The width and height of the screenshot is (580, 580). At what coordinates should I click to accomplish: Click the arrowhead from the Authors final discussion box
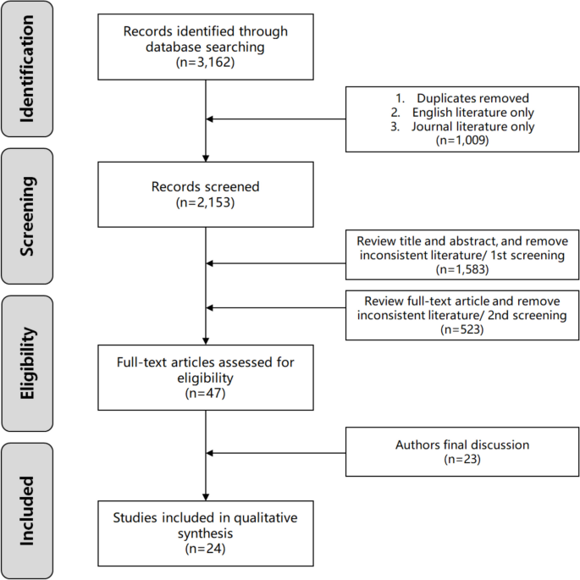(x=213, y=452)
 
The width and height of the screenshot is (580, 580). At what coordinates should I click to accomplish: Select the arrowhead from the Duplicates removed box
(x=213, y=119)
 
